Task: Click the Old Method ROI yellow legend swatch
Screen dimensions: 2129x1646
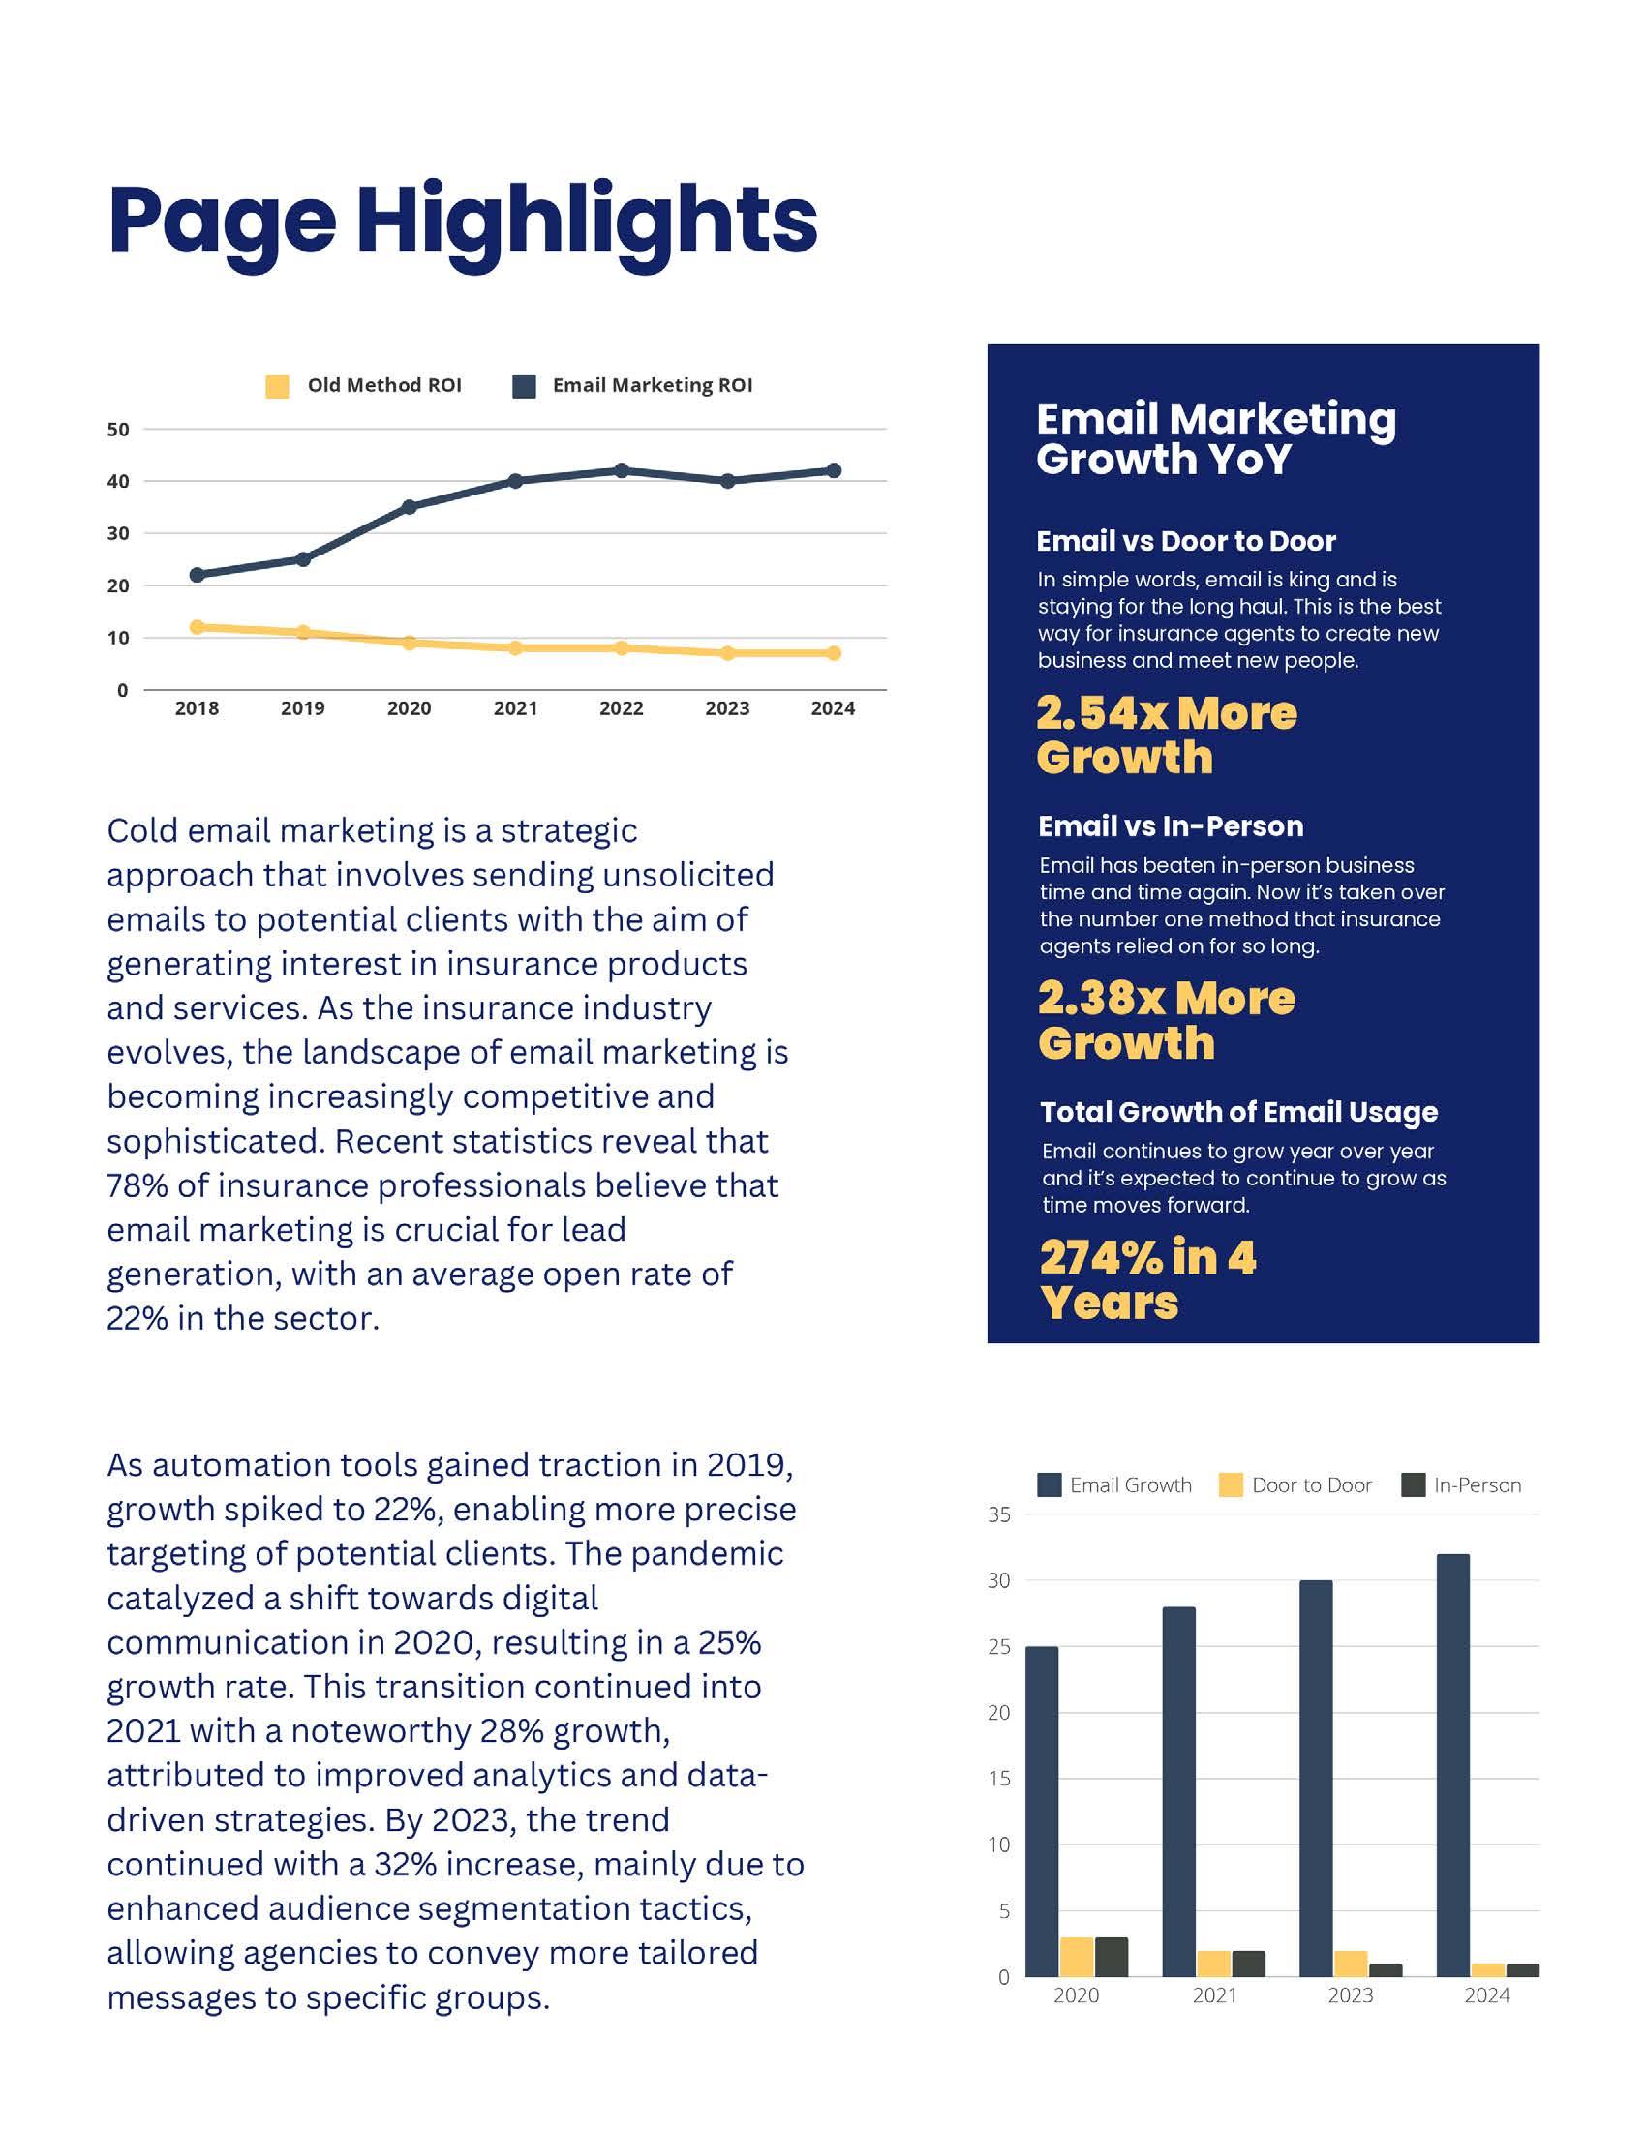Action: click(x=277, y=386)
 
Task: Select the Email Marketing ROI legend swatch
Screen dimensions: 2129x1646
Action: click(x=525, y=386)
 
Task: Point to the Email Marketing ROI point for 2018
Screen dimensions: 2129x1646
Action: click(x=197, y=575)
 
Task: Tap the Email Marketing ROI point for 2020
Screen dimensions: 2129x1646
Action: click(x=409, y=507)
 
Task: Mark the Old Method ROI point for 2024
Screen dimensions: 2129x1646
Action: click(x=834, y=653)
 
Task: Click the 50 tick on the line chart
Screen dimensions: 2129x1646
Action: click(x=118, y=429)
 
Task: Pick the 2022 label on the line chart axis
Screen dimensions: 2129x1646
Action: click(x=622, y=708)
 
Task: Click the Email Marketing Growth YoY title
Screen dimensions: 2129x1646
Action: click(x=1215, y=438)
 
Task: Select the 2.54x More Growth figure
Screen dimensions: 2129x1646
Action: click(x=1167, y=735)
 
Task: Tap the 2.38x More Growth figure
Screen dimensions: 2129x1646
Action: click(x=1167, y=1020)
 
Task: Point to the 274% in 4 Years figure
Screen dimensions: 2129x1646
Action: click(x=1147, y=1279)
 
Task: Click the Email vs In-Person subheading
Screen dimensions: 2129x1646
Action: click(x=1171, y=826)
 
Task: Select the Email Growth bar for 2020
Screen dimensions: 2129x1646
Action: click(x=1042, y=1812)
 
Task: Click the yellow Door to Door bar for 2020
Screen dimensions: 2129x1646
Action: click(x=1077, y=1957)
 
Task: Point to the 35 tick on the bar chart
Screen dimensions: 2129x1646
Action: click(x=999, y=1514)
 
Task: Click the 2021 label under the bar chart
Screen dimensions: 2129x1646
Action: click(x=1214, y=1995)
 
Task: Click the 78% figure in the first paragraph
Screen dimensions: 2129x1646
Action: click(x=138, y=1186)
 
